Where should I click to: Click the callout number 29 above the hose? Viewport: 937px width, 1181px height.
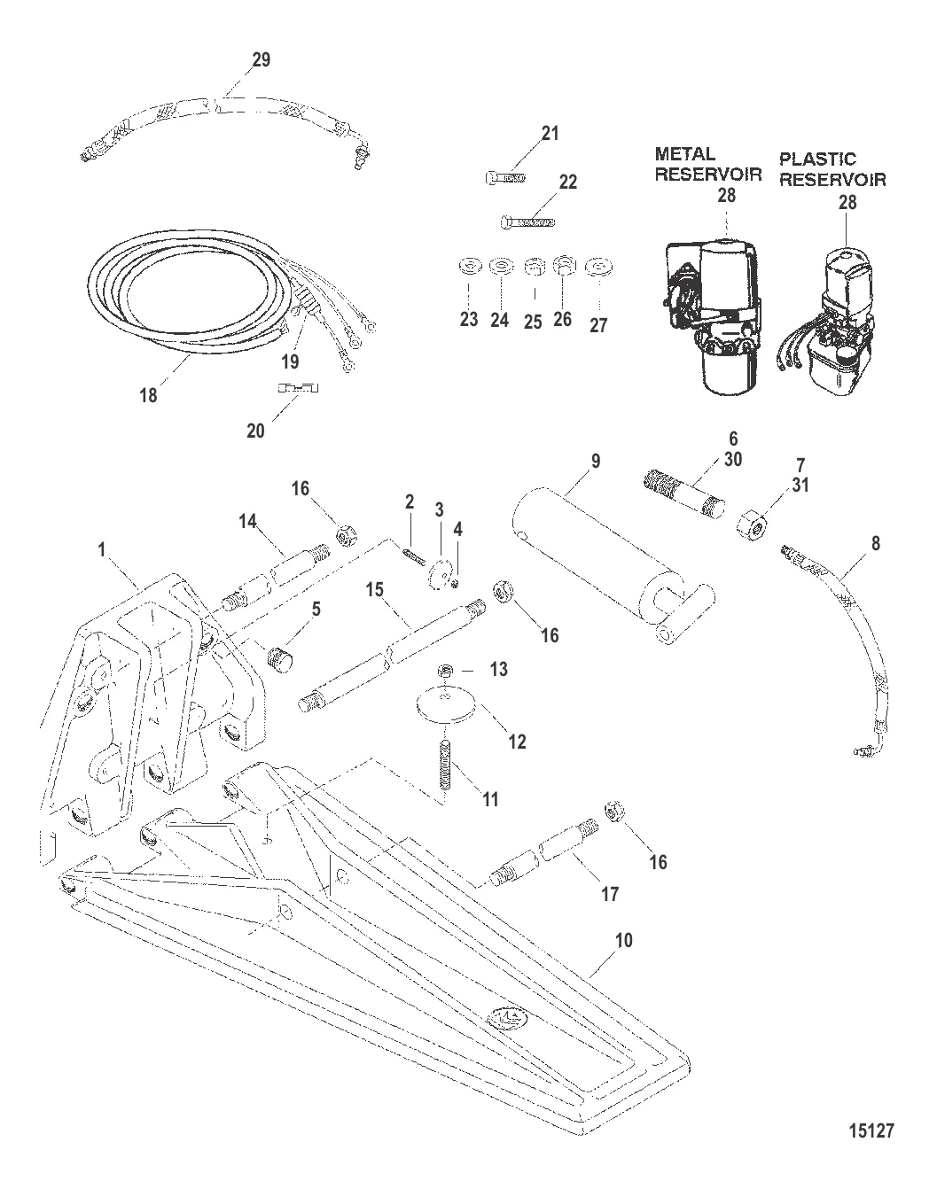261,60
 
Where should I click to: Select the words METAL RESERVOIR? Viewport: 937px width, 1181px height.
707,164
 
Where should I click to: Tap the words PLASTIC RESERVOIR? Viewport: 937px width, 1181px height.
832,168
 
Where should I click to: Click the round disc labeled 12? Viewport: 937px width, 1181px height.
446,706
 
